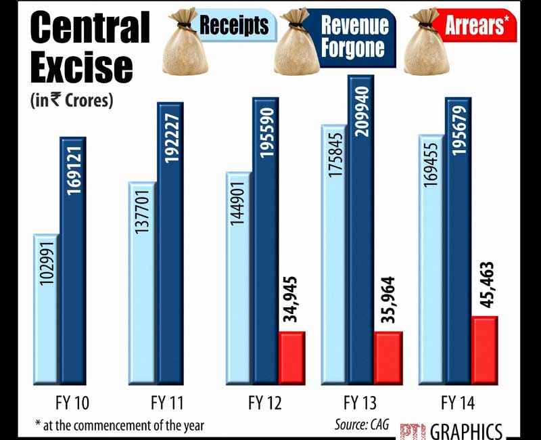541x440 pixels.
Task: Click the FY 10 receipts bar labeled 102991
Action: (x=47, y=308)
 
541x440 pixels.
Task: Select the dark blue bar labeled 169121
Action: (x=73, y=261)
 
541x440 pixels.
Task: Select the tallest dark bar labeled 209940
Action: (x=361, y=230)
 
